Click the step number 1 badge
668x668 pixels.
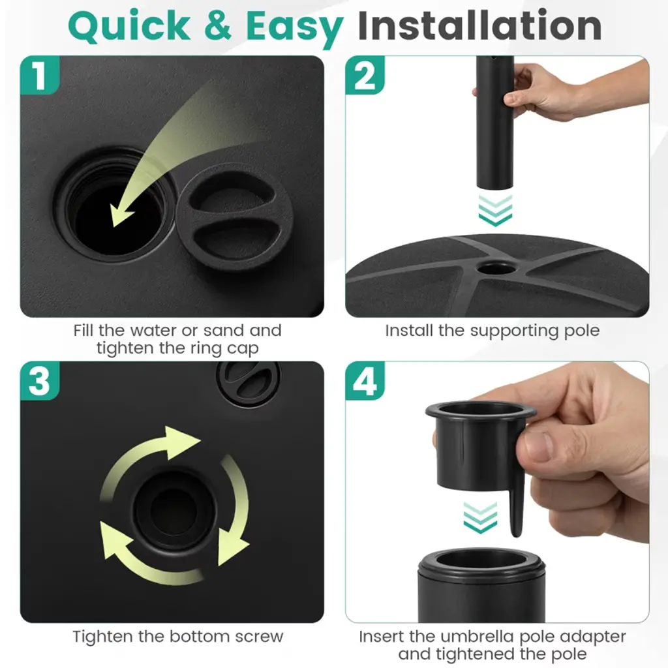[40, 75]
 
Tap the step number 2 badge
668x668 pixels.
[365, 75]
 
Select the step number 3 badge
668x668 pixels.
[40, 381]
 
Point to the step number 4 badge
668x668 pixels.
[365, 381]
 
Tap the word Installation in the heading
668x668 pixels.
[479, 25]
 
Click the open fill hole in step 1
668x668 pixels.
[116, 204]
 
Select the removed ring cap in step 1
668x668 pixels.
[235, 217]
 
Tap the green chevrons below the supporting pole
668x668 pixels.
[495, 210]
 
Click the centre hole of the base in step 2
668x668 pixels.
[496, 268]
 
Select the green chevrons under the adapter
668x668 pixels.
[480, 517]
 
